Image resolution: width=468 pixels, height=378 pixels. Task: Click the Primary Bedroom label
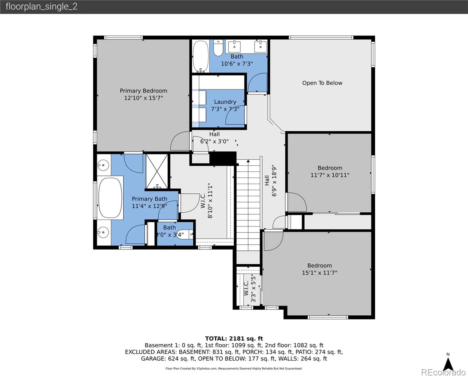pyautogui.click(x=143, y=91)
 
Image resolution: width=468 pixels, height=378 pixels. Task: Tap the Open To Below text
pyautogui.click(x=322, y=83)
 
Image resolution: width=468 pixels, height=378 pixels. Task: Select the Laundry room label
pyautogui.click(x=225, y=102)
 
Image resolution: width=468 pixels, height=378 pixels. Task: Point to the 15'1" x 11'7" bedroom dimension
pyautogui.click(x=319, y=273)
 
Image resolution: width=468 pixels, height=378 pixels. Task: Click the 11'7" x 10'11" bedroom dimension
pyautogui.click(x=330, y=175)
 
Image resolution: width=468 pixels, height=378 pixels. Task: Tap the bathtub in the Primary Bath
pyautogui.click(x=110, y=198)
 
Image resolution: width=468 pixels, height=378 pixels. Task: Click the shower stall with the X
pyautogui.click(x=157, y=171)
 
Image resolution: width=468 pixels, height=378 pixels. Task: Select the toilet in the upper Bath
pyautogui.click(x=218, y=48)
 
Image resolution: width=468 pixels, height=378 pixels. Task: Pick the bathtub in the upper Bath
pyautogui.click(x=200, y=56)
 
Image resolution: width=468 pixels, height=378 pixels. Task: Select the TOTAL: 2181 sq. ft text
pyautogui.click(x=234, y=339)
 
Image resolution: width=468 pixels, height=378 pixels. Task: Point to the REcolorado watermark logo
pyautogui.click(x=443, y=372)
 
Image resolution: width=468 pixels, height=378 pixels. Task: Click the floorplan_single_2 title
pyautogui.click(x=42, y=7)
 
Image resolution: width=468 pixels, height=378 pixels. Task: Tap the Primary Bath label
pyautogui.click(x=149, y=199)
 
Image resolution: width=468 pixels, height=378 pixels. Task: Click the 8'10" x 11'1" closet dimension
pyautogui.click(x=210, y=201)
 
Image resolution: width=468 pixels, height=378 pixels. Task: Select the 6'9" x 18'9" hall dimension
pyautogui.click(x=274, y=180)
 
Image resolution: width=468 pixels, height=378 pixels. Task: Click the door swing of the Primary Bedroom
pyautogui.click(x=180, y=141)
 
